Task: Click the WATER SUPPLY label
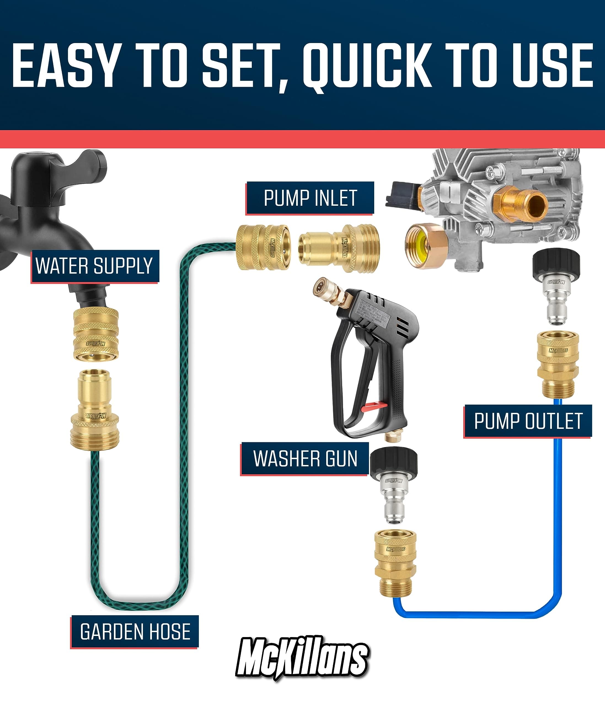click(94, 266)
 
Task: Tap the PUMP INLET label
click(310, 198)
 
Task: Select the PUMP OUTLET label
click(528, 421)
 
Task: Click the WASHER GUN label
click(305, 459)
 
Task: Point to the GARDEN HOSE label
click(135, 632)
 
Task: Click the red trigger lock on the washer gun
click(374, 407)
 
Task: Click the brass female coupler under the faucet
click(96, 334)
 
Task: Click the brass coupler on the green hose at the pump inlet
click(263, 247)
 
